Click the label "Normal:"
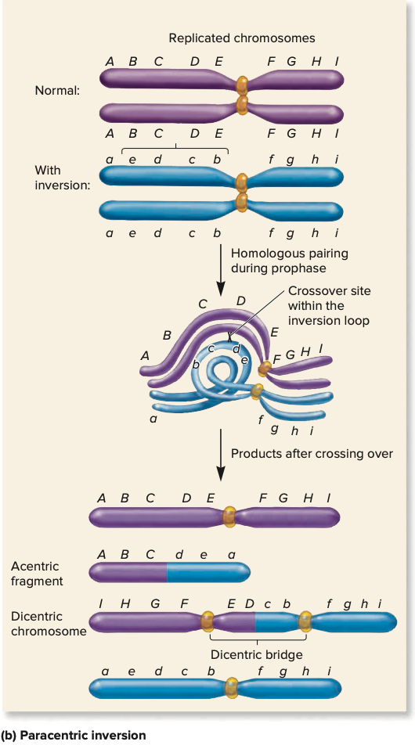point(57,90)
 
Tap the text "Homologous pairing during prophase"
point(290,261)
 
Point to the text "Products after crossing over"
point(312,454)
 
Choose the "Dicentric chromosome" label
point(49,624)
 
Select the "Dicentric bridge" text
point(256,654)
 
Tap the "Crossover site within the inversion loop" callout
point(329,305)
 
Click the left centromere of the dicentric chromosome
point(207,621)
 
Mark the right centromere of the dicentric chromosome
point(305,621)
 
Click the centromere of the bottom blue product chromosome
point(231,688)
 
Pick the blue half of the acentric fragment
point(207,572)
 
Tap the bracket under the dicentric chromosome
point(256,640)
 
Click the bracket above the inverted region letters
point(175,148)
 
